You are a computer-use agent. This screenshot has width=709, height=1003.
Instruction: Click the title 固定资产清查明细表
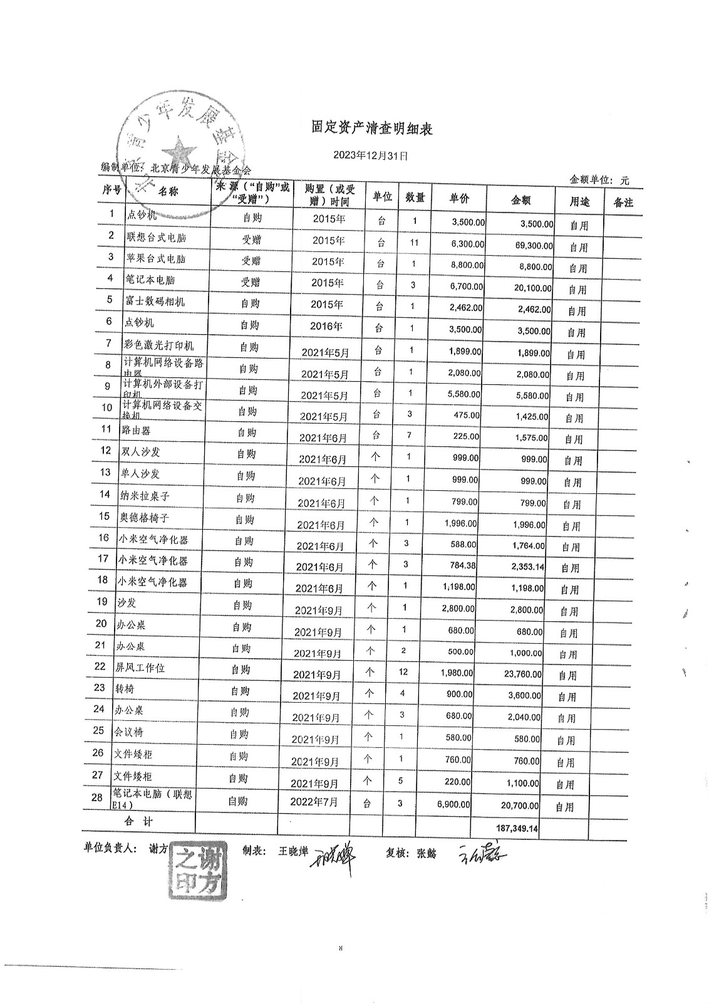point(372,129)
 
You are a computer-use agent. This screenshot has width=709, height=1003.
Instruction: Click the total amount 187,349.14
point(517,828)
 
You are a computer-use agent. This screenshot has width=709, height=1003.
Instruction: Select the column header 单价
point(459,199)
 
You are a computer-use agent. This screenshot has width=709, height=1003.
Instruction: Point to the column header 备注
point(623,202)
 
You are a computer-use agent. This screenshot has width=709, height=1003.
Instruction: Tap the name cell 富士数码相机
point(155,302)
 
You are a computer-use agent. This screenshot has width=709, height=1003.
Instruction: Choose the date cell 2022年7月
point(314,802)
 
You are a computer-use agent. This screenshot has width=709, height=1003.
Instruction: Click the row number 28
point(96,797)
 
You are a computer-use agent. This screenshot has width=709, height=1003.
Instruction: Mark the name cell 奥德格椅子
point(143,518)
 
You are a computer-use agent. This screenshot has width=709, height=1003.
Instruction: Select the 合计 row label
point(138,821)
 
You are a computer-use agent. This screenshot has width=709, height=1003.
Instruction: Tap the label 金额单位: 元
point(599,180)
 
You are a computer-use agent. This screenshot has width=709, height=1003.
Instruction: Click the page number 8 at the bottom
point(340,948)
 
